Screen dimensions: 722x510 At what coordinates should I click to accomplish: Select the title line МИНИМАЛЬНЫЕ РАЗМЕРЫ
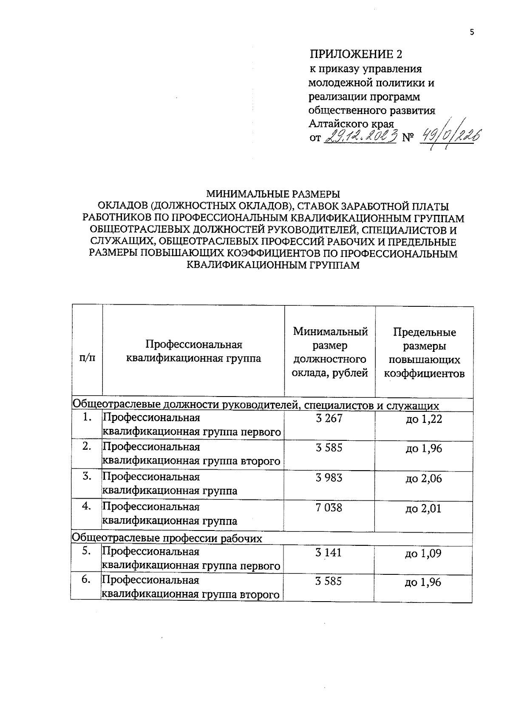tap(273, 194)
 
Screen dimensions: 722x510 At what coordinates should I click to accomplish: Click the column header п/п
tap(88, 358)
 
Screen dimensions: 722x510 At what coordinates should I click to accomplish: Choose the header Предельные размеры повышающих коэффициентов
tap(424, 353)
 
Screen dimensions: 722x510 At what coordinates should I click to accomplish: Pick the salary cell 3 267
tap(329, 418)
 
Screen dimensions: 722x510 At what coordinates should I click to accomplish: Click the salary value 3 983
tap(329, 478)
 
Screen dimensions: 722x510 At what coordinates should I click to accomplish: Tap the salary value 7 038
tap(329, 508)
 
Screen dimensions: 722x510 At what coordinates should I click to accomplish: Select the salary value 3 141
tap(329, 553)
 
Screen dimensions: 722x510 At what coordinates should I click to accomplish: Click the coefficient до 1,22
tap(424, 420)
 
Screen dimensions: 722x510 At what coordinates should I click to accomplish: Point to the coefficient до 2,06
tap(424, 479)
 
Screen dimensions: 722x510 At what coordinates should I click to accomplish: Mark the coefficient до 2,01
tap(424, 509)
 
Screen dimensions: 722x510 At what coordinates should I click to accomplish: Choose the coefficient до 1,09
tap(424, 554)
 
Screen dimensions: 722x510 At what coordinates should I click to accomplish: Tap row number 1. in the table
tap(88, 417)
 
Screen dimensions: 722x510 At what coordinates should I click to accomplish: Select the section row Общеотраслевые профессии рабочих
tap(167, 538)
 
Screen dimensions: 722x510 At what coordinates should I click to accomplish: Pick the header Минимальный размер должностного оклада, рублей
tap(330, 352)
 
